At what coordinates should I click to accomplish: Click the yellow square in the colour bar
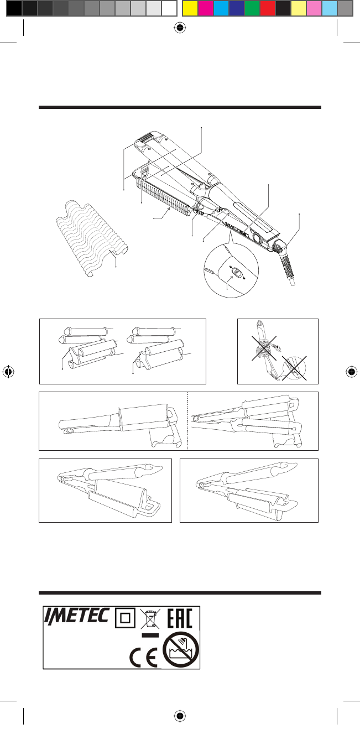pyautogui.click(x=190, y=8)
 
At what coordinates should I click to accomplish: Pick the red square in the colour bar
pyautogui.click(x=268, y=8)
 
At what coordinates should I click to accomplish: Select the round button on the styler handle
pyautogui.click(x=256, y=239)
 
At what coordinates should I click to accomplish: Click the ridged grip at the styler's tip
pyautogui.click(x=144, y=135)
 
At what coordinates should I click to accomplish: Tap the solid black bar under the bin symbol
pyautogui.click(x=149, y=636)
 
